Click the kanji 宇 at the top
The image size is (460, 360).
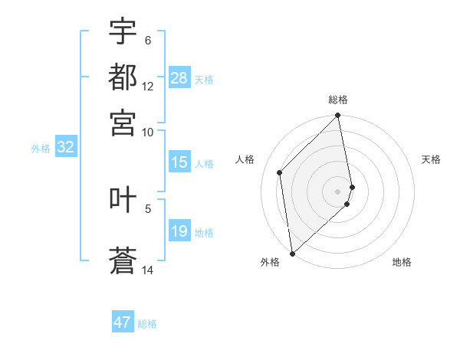click(123, 31)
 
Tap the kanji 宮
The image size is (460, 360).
click(123, 122)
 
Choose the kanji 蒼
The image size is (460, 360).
click(123, 260)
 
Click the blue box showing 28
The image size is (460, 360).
click(179, 78)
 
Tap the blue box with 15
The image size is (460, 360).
click(179, 162)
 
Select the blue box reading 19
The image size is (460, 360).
click(179, 231)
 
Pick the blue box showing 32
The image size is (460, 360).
click(65, 148)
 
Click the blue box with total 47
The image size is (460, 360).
click(123, 322)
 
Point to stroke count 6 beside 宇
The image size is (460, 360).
click(148, 41)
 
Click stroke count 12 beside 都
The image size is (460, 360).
click(148, 87)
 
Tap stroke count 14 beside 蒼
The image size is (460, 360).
click(148, 270)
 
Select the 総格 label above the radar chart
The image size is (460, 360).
click(338, 100)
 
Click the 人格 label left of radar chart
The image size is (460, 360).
click(245, 159)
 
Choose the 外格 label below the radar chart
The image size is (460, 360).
click(270, 262)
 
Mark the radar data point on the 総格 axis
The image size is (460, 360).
click(338, 116)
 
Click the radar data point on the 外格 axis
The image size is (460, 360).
click(292, 253)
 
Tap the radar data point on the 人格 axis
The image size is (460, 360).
click(280, 172)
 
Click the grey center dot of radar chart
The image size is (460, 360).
click(338, 191)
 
